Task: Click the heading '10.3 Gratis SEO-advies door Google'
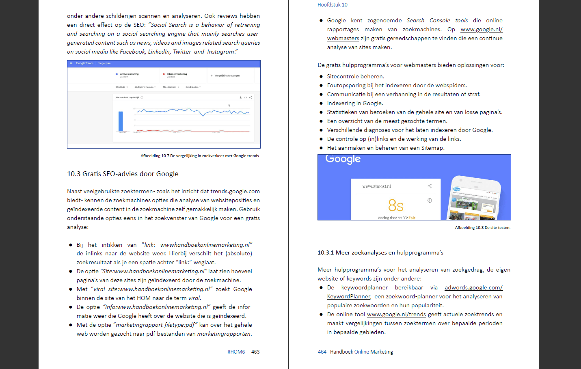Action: [x=123, y=174]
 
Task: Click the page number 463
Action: [x=255, y=352]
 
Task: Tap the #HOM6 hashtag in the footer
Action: [x=236, y=352]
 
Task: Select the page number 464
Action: [x=322, y=352]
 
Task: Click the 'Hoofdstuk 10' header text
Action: [x=332, y=5]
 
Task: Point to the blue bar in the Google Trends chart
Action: [x=121, y=121]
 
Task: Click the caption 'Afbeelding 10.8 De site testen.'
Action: [x=482, y=228]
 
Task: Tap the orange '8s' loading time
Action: [x=395, y=205]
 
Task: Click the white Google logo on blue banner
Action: [x=343, y=159]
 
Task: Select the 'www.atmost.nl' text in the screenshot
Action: [x=376, y=186]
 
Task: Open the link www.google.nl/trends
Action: [x=396, y=314]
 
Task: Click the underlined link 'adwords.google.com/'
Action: [x=473, y=287]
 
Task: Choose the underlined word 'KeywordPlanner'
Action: [x=349, y=296]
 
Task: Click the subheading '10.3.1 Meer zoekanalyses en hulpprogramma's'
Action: [x=380, y=252]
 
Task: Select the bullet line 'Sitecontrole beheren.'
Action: [x=355, y=76]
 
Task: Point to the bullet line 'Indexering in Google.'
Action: [x=355, y=103]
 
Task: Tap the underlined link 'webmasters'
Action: [x=343, y=38]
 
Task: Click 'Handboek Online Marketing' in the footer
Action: [x=361, y=352]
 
